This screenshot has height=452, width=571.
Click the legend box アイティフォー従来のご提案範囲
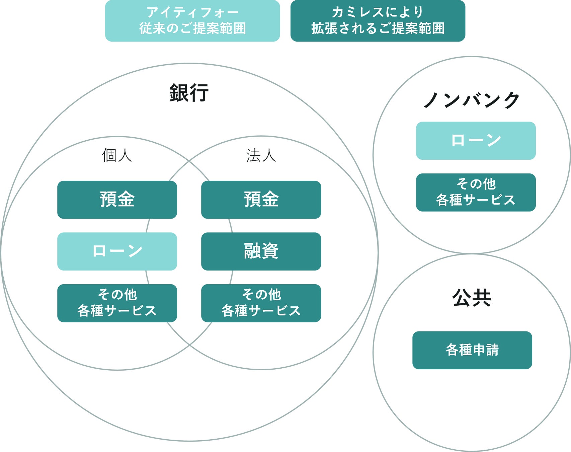[x=192, y=21]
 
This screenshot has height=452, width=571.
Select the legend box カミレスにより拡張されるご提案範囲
[x=378, y=21]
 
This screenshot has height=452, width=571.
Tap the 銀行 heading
[x=189, y=93]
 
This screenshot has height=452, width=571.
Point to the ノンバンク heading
[x=472, y=100]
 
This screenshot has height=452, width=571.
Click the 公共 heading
[x=472, y=298]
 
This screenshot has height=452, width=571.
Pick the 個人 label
[x=117, y=155]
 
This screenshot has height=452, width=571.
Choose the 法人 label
[x=261, y=155]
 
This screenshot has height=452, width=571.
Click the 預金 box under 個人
[x=117, y=200]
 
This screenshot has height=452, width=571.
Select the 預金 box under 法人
[x=261, y=200]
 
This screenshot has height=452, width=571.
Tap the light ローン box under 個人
[x=117, y=251]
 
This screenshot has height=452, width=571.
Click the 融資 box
[x=261, y=251]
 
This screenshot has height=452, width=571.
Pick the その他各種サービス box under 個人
[x=117, y=303]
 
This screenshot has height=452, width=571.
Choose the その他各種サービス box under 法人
[x=261, y=303]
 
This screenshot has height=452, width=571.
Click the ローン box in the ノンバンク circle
[x=476, y=141]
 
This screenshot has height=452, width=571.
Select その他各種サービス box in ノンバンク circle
[x=476, y=192]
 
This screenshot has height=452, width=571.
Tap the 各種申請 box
[x=472, y=350]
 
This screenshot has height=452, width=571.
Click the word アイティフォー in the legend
[x=192, y=13]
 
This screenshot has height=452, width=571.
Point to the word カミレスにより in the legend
[x=378, y=13]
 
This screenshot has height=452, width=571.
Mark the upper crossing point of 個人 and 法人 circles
[x=189, y=161]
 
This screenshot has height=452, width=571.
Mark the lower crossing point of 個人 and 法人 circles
[x=189, y=345]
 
